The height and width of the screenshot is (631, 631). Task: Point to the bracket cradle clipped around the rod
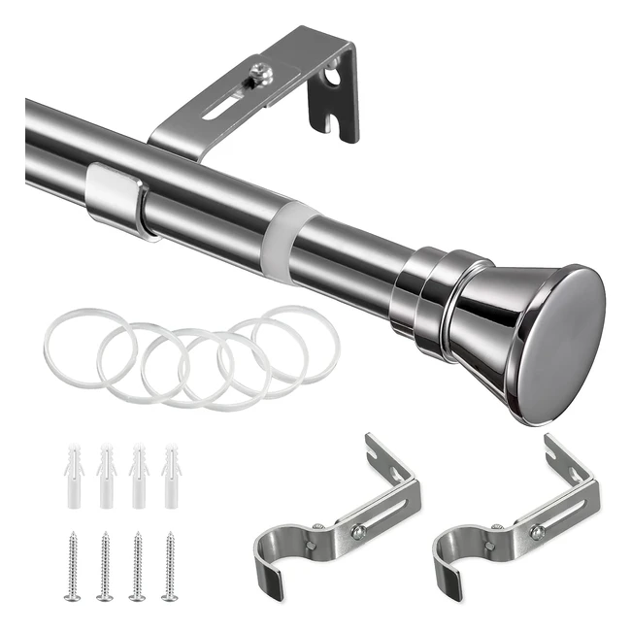click(116, 199)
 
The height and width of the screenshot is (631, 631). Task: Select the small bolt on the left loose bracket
click(358, 532)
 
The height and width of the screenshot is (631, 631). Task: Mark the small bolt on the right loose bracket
click(537, 532)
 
